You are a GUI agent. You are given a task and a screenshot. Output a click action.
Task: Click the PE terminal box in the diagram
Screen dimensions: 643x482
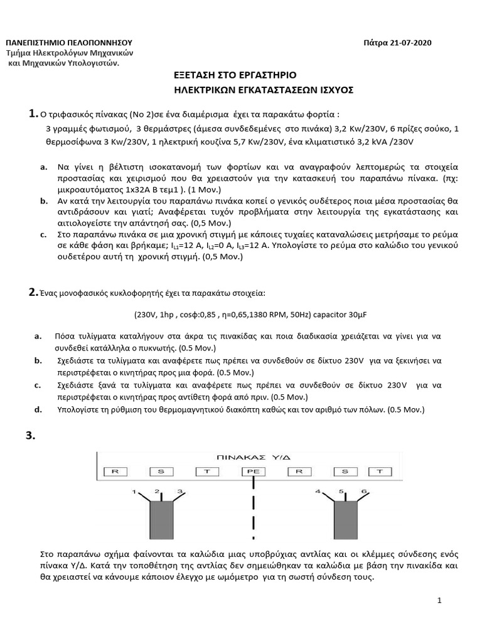[x=254, y=470]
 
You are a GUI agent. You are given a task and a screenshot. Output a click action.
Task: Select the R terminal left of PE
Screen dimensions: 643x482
[x=114, y=470]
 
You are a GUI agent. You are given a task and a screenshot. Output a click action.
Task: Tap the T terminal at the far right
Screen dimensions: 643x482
[x=379, y=470]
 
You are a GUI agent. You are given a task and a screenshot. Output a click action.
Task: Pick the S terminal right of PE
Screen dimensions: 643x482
[x=345, y=470]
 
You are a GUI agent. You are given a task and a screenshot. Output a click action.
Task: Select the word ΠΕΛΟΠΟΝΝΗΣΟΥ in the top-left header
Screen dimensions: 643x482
[x=90, y=42]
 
